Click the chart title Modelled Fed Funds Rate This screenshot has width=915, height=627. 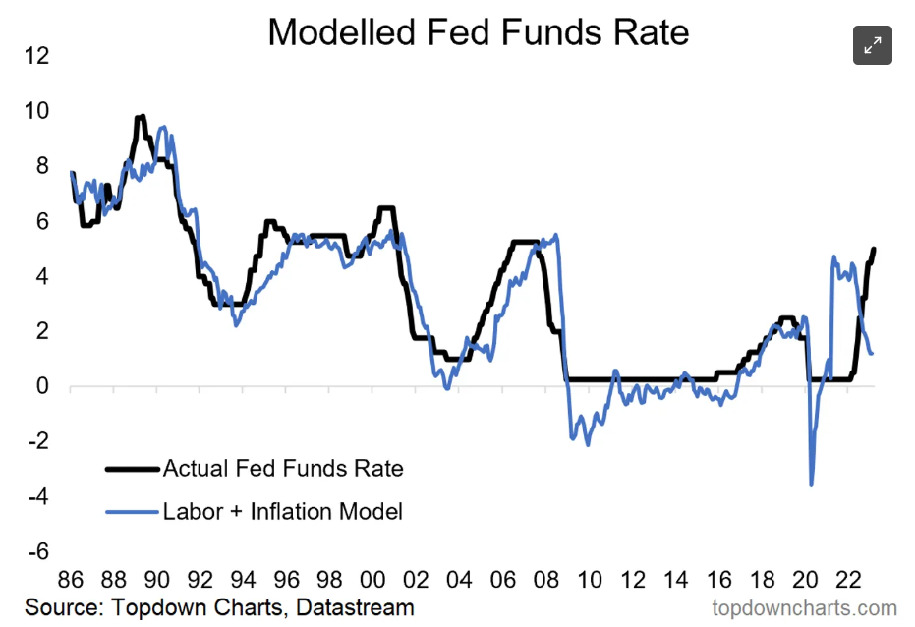478,32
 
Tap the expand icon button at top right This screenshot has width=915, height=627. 872,45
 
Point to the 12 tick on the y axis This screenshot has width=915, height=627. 35,55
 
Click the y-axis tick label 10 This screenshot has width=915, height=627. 35,110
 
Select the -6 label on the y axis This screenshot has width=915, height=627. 35,552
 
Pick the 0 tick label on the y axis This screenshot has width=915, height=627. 41,386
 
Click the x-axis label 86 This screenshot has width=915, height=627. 71,578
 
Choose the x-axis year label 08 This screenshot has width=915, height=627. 545,578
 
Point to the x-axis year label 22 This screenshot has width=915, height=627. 848,578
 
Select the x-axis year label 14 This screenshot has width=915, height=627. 675,578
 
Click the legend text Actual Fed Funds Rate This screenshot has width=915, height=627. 283,468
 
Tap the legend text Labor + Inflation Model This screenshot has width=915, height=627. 283,511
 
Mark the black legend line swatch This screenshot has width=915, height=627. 132,469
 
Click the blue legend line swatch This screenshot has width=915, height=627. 132,512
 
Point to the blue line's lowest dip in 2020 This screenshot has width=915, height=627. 811,484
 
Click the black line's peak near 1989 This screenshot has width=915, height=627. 142,116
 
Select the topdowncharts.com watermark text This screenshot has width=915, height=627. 803,608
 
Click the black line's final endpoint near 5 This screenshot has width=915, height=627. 874,249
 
